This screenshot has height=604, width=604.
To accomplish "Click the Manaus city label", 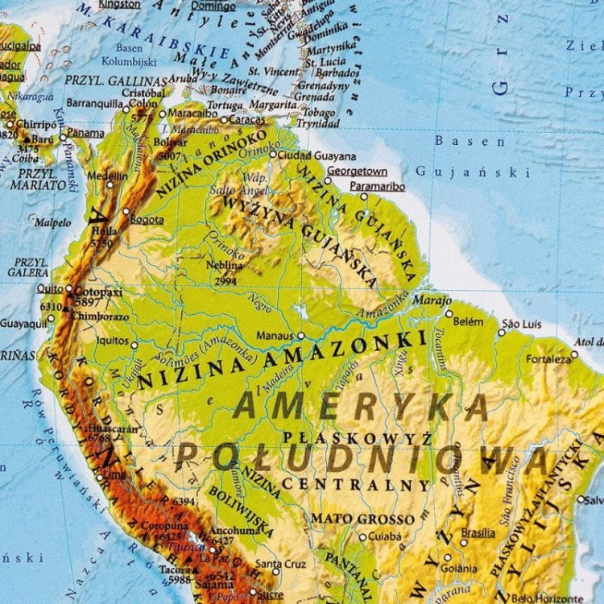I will point(275,335).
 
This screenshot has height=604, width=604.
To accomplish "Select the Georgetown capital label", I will point(358,172).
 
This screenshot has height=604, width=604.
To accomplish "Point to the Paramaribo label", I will point(377,186).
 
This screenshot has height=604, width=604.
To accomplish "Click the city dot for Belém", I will point(449,313).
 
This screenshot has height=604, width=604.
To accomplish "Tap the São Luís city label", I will point(523,325).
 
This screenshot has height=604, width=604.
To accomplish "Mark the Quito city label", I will point(49,288).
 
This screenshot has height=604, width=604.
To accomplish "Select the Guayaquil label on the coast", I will point(23,323).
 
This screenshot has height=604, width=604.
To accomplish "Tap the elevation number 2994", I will point(225,281).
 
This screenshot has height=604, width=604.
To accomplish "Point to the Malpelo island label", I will point(53,222).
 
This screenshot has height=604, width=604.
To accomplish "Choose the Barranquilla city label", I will point(95,103).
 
